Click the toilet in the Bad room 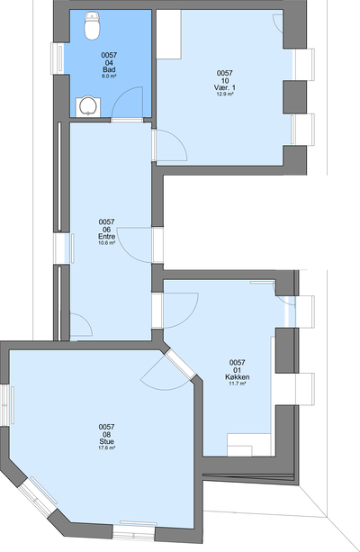(92, 25)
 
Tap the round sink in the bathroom (87, 106)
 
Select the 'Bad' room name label (109, 69)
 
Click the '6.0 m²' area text (109, 76)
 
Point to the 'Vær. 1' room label (224, 87)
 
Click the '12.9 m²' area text (224, 94)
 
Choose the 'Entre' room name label (106, 236)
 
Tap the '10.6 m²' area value (106, 242)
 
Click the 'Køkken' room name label (238, 377)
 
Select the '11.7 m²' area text (238, 384)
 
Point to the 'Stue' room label (106, 441)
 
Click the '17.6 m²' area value (106, 448)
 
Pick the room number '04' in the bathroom (109, 63)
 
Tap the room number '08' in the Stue (106, 434)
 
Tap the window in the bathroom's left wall (58, 59)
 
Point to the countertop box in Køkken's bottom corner (249, 445)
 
